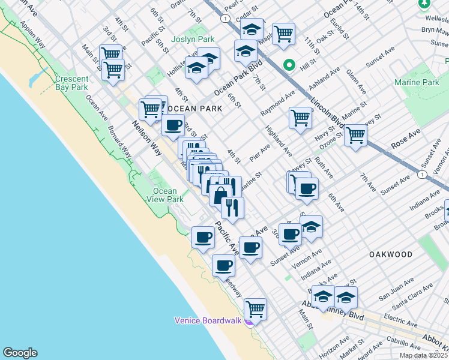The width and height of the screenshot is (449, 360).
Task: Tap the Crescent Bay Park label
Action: tap(71, 83)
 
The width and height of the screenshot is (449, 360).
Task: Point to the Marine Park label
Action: tap(417, 82)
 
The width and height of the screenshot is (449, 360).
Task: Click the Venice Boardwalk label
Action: tap(207, 320)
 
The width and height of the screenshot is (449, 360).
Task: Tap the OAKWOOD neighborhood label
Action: tap(391, 254)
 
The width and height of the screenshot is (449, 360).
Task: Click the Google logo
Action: tap(20, 353)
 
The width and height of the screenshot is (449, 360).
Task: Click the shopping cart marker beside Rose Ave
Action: tap(355, 136)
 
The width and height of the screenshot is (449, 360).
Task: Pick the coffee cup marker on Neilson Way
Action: tap(173, 125)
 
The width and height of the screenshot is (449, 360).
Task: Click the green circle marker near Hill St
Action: tap(289, 65)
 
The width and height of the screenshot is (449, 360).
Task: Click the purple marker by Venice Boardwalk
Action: tap(249, 320)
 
